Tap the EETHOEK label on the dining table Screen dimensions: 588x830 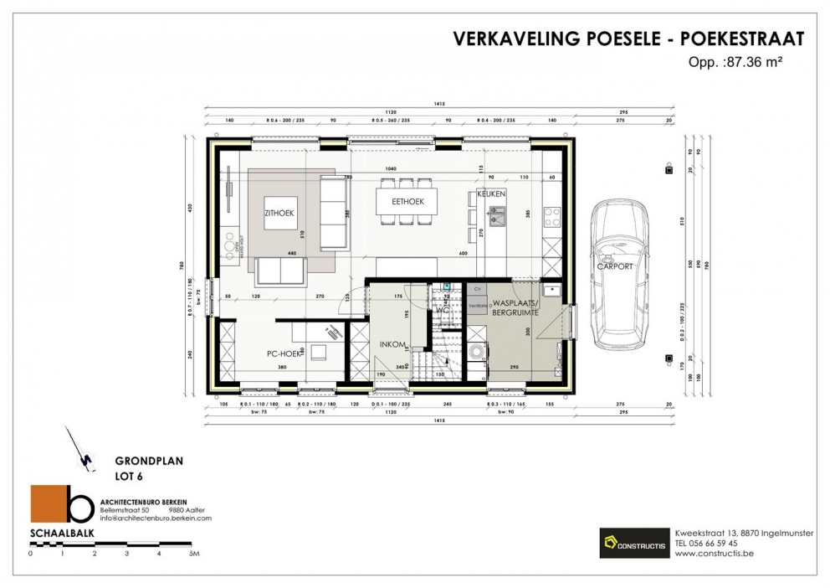407,202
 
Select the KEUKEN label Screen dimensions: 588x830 491,194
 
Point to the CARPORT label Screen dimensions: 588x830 614,266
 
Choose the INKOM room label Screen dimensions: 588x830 392,344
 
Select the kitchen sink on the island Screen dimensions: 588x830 496,220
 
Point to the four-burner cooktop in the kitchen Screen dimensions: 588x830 552,217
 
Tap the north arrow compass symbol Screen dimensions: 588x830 81,448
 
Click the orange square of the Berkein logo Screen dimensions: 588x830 47,505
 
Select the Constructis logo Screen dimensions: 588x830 633,544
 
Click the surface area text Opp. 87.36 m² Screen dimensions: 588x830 735,61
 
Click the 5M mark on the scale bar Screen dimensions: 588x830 193,554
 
